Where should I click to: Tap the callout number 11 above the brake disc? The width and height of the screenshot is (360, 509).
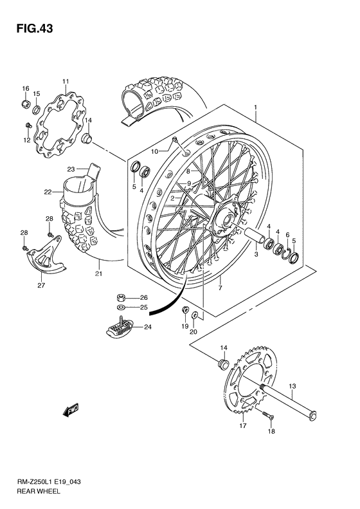point(65,80)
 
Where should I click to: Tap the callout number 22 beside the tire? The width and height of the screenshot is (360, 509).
point(48,192)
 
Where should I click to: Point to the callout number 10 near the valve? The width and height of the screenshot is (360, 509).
point(154,151)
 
